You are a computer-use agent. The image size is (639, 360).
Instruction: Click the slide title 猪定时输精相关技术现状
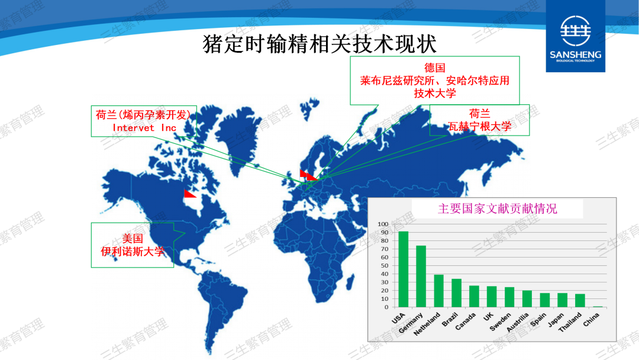[320, 44]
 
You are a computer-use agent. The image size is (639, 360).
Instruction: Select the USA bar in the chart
[403, 269]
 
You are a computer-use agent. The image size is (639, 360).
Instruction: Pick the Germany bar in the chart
[421, 277]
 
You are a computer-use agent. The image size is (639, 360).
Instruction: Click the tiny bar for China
[598, 307]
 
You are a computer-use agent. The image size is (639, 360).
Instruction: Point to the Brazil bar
[456, 293]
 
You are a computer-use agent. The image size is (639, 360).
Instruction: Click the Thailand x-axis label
[570, 322]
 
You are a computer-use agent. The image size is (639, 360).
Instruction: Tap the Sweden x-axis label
[501, 322]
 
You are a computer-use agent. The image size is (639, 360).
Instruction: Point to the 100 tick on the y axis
[383, 224]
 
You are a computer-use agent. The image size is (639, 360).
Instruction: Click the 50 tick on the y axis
[385, 265]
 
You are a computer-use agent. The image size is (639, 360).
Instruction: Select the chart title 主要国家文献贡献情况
[497, 209]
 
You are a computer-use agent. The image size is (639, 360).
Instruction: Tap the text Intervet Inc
[144, 128]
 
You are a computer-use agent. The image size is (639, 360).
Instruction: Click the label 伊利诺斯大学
[133, 252]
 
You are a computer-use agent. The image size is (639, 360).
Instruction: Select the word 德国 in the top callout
[434, 67]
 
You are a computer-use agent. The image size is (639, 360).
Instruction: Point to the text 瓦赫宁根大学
[480, 126]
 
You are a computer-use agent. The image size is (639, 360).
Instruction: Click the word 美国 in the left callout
[133, 239]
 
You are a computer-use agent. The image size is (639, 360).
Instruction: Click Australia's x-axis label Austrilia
[518, 322]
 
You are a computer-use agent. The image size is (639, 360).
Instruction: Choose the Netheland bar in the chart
[438, 291]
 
